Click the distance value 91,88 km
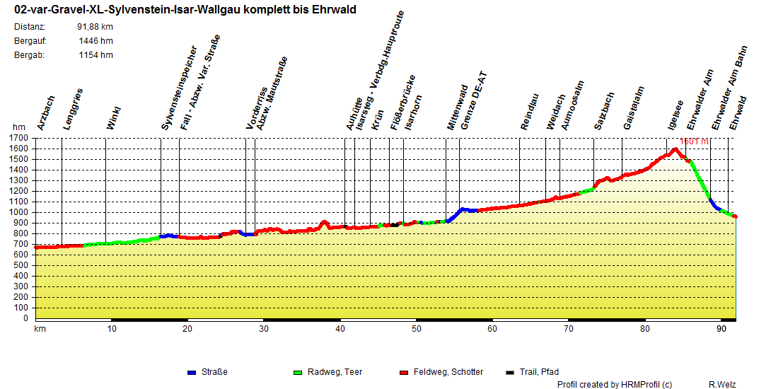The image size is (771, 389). (95, 27)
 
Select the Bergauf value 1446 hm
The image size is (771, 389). (96, 41)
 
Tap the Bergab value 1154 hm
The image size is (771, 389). (96, 55)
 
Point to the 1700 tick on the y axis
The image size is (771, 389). (19, 139)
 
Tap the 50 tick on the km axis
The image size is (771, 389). (417, 329)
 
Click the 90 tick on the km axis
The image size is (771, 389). (721, 329)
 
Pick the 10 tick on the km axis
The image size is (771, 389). (111, 329)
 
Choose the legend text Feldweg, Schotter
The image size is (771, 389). (448, 372)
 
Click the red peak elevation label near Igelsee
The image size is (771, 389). (693, 141)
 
